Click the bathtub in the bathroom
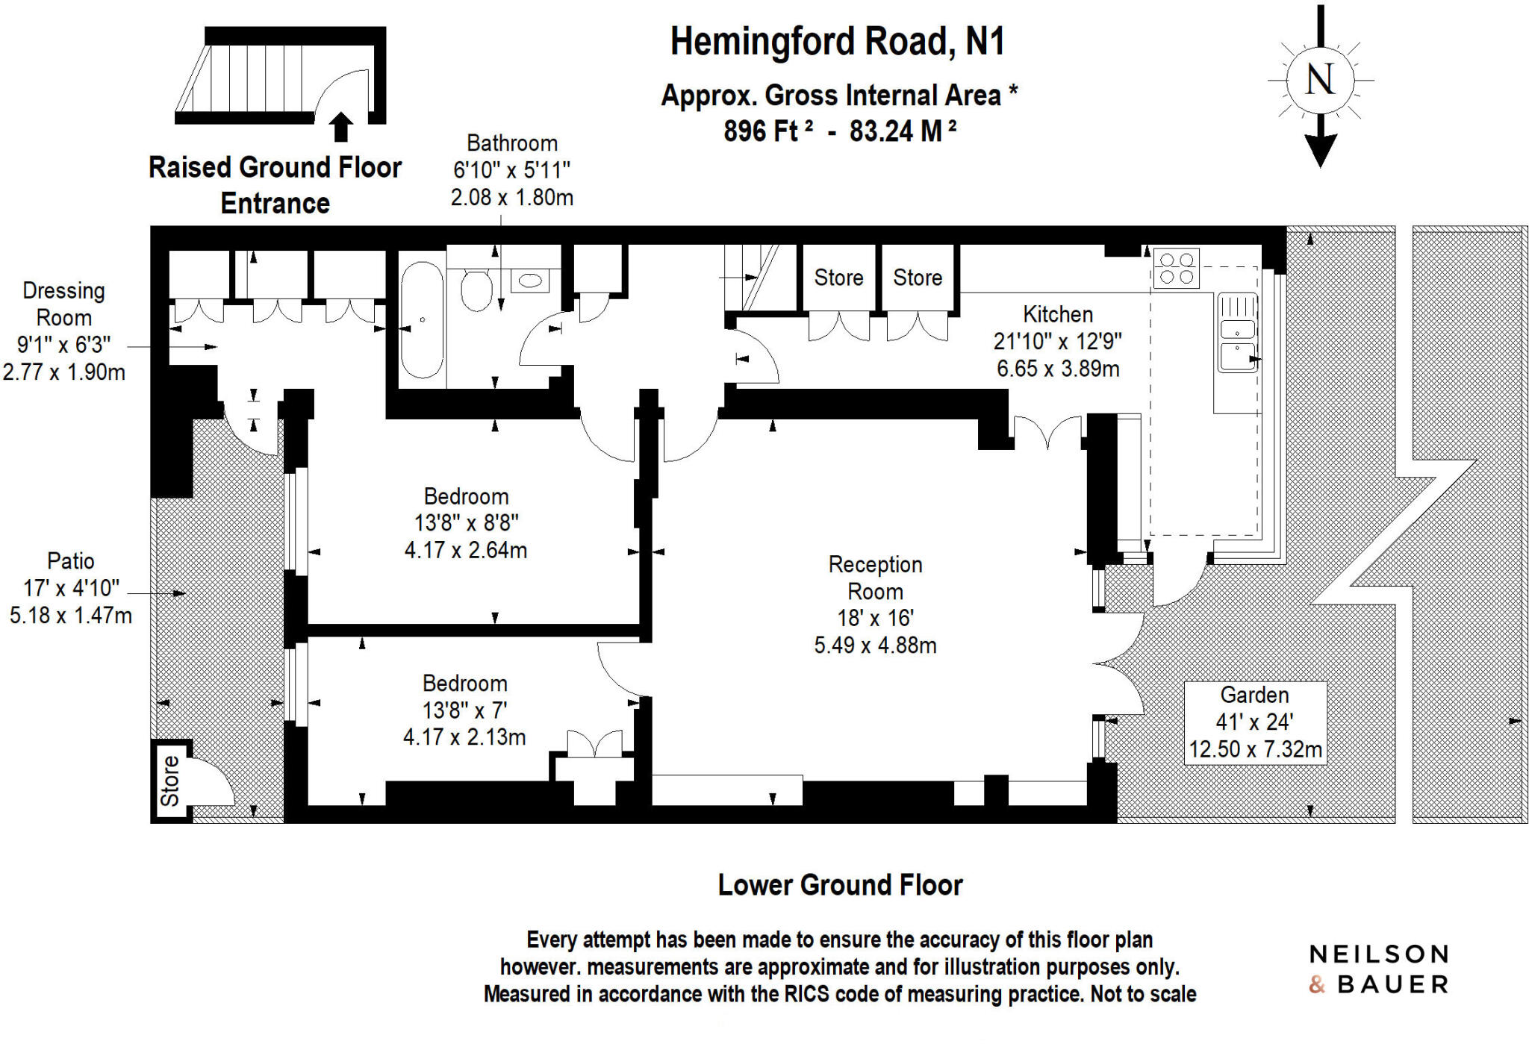pos(422,320)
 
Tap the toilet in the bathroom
pos(476,290)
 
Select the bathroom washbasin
pos(530,281)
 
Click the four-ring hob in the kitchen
pos(1176,269)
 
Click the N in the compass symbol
pos(1320,79)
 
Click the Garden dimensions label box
pos(1255,722)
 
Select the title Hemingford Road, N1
pos(837,42)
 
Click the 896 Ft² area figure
pos(767,131)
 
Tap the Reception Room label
pos(875,578)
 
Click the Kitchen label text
pos(1057,314)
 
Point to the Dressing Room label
pos(64,304)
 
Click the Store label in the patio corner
pos(170,781)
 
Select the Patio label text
pos(71,560)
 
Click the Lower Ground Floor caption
pos(840,885)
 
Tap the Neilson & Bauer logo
pos(1378,969)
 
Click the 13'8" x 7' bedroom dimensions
pos(464,710)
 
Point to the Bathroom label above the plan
pos(511,143)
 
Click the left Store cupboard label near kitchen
pos(838,278)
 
